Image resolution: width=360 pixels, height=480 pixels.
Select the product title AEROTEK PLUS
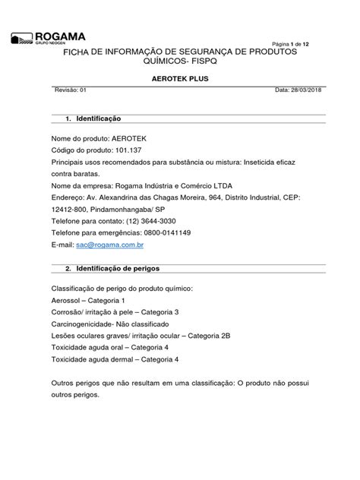click(x=179, y=78)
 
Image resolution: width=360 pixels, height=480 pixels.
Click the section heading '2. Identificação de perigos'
click(x=113, y=269)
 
